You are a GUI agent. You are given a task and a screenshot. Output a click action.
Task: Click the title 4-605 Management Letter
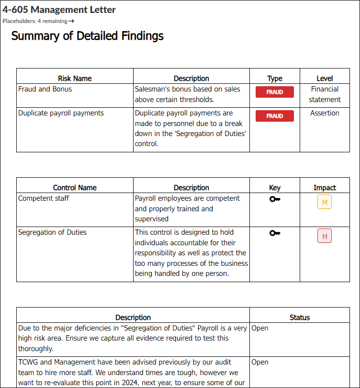point(59,10)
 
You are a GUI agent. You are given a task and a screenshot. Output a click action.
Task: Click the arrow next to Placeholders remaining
point(71,21)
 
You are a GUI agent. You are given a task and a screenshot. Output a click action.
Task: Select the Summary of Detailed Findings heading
point(87,36)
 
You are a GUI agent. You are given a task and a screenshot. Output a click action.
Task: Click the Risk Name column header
point(75,79)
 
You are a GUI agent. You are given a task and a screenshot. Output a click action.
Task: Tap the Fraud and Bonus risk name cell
point(45,89)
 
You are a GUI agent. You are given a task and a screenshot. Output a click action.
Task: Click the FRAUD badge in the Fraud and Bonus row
point(274,92)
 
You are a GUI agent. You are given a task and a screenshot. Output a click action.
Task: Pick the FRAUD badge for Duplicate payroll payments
point(274,116)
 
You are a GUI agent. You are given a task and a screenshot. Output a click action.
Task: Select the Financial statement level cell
point(325,94)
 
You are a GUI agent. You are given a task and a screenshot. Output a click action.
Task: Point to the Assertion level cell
point(325,113)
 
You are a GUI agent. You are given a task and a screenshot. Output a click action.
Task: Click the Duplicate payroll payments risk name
point(61,113)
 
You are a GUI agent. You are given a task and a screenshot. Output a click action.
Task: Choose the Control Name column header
point(75,188)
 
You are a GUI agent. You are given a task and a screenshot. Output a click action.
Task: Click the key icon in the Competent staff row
point(274,199)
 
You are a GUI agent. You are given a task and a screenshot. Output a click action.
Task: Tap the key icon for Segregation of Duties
point(274,233)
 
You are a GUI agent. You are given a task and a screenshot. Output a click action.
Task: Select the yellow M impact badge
point(325,202)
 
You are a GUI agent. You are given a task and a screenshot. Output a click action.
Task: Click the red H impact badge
point(325,236)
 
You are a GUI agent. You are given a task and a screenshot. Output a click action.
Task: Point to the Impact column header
point(325,188)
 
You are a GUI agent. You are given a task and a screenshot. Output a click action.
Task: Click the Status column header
point(300,318)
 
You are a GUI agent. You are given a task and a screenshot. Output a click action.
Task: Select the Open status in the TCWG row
point(260,362)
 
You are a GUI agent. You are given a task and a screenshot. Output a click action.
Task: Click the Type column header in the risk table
point(274,79)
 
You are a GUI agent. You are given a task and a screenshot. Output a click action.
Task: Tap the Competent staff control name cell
point(44,198)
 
